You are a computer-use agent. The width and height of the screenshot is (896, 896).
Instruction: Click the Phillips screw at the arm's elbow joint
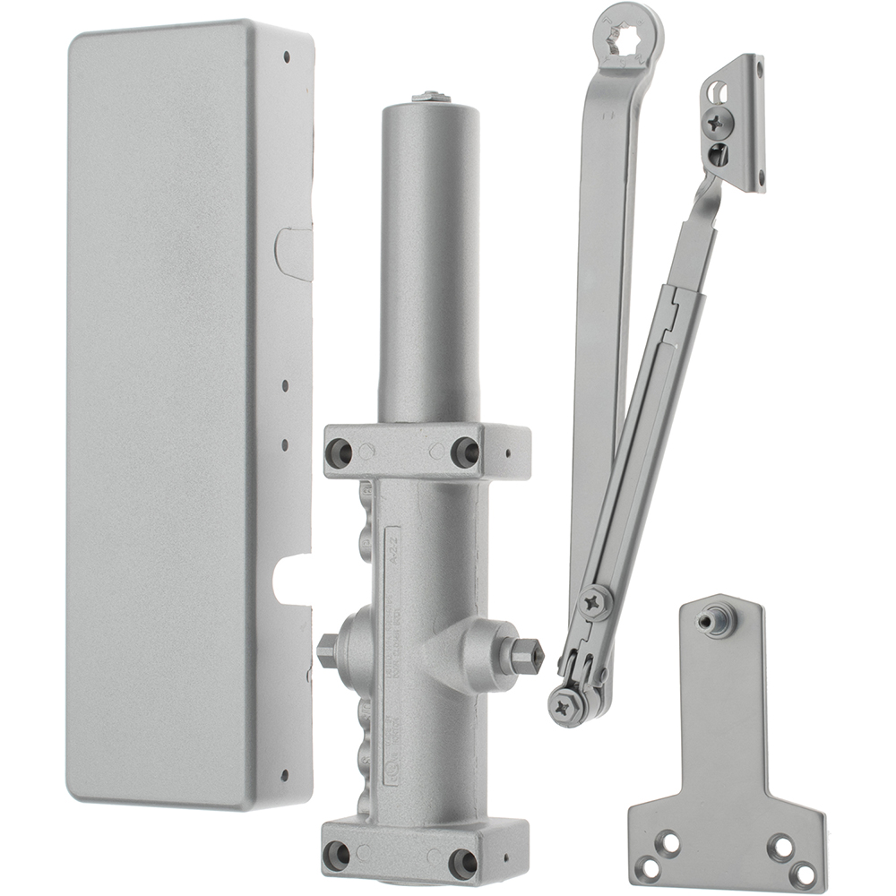593,602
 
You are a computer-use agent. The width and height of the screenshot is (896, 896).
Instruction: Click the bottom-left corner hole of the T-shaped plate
666,844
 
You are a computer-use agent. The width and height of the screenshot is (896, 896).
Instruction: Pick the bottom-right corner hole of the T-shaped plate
805,872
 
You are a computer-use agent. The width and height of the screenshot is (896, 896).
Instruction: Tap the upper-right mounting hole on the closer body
465,452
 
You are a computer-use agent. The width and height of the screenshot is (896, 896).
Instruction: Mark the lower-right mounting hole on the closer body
463,863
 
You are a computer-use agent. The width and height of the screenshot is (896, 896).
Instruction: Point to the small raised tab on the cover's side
294,255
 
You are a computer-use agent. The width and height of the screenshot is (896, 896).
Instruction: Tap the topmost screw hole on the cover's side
286,56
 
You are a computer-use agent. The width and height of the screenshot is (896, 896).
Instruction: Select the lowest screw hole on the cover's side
284,775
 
